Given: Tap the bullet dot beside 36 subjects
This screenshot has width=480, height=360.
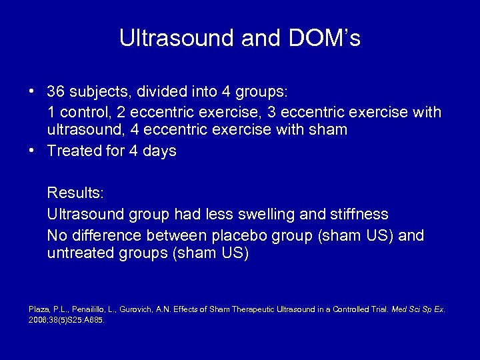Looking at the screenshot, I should [32, 90].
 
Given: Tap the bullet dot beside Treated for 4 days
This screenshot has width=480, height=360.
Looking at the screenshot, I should [32, 151].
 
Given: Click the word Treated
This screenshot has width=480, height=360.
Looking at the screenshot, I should [74, 151].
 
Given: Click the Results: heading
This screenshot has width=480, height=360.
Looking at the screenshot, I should [75, 193].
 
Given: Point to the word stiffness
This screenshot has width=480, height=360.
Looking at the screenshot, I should [358, 214].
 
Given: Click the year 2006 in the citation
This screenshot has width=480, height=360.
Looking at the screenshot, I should [38, 319].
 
